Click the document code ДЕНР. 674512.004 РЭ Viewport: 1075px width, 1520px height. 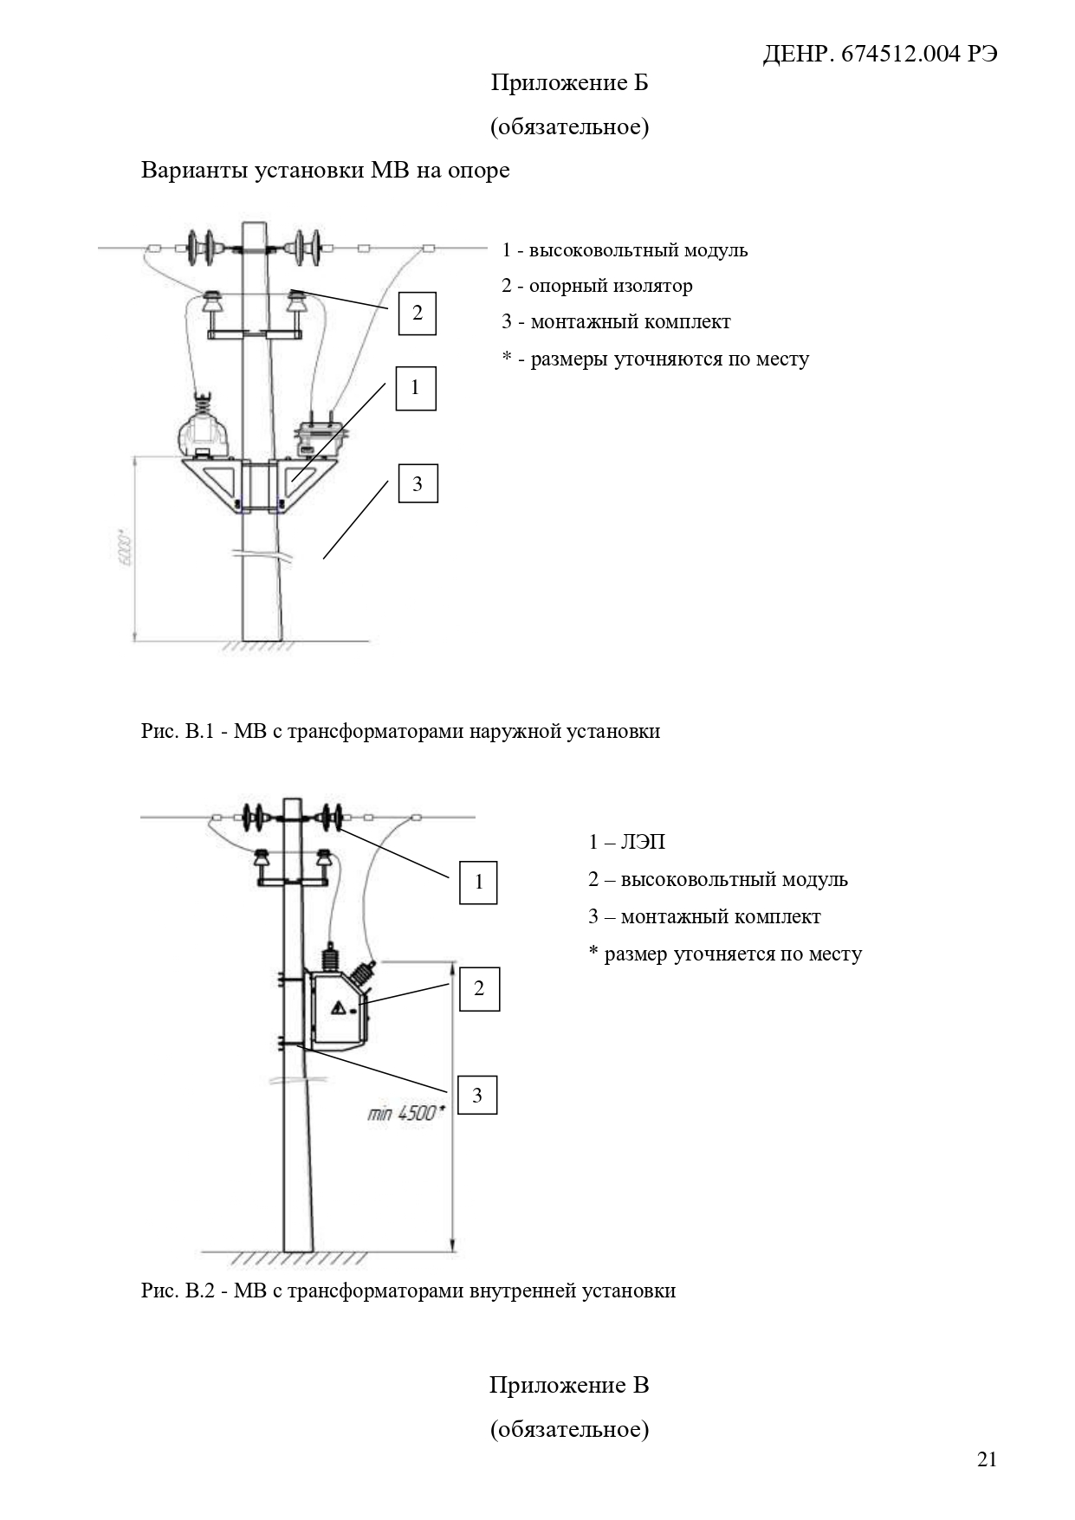click(x=879, y=55)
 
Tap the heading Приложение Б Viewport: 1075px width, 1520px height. click(x=569, y=83)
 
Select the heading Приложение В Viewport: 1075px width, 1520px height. click(x=569, y=1385)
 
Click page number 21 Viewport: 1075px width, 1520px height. click(x=987, y=1459)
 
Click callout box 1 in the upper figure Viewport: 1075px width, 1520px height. click(x=416, y=388)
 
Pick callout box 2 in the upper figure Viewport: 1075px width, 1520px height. click(x=417, y=313)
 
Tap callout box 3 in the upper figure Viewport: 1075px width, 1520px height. click(x=418, y=483)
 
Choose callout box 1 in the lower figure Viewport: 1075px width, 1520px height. click(x=478, y=883)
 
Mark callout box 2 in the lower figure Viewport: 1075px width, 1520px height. click(x=479, y=989)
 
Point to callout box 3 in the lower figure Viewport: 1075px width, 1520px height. click(x=477, y=1096)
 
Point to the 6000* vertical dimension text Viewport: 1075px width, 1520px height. click(x=126, y=548)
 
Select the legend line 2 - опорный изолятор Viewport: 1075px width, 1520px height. click(x=597, y=287)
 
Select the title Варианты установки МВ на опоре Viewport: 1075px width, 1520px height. click(x=326, y=171)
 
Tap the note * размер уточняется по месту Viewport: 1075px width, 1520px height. click(x=725, y=954)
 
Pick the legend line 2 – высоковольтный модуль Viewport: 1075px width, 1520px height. click(x=718, y=880)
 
